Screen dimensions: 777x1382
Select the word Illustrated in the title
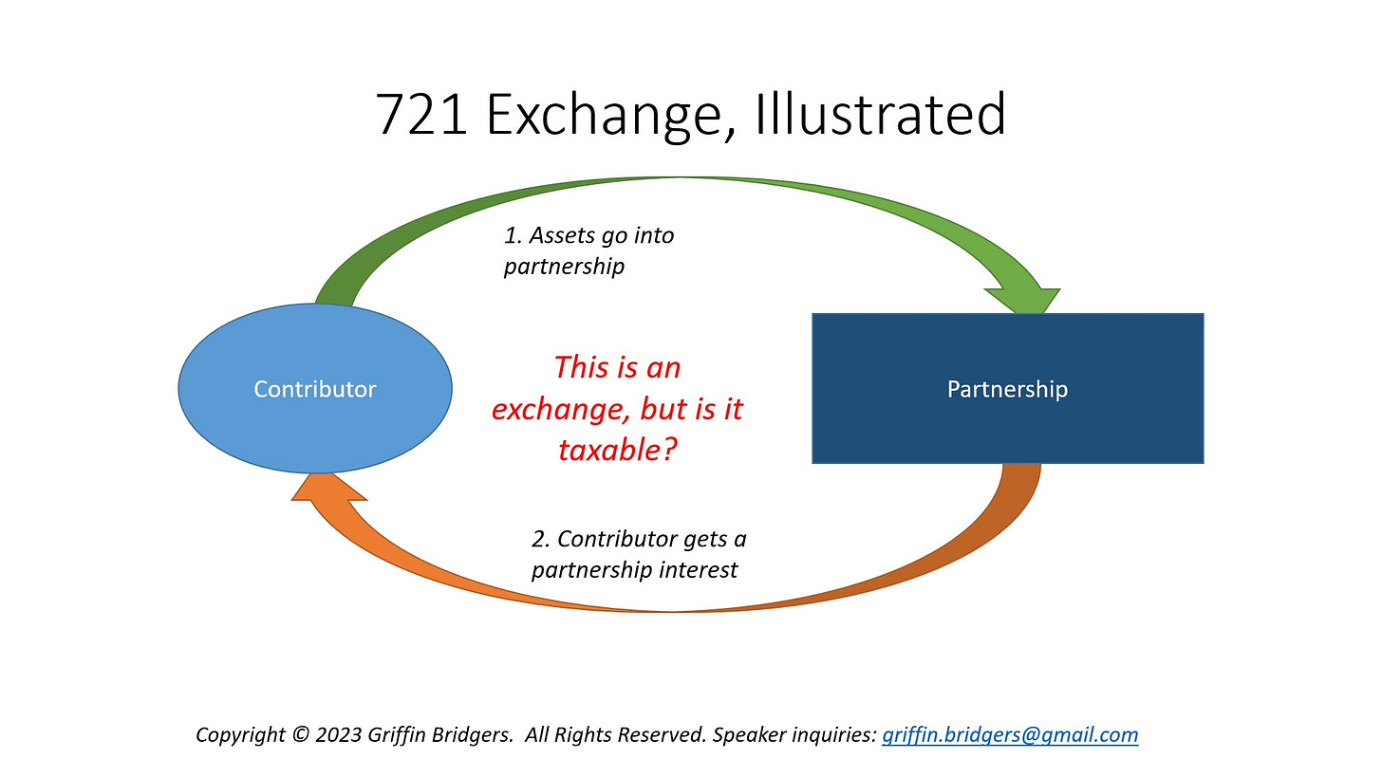coord(881,115)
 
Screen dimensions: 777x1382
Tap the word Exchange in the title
coord(607,115)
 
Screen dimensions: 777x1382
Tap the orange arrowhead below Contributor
coord(328,488)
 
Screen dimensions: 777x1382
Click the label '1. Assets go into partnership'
coord(588,250)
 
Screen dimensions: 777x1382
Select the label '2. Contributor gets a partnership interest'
coord(638,554)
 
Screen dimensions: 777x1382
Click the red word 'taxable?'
coord(617,449)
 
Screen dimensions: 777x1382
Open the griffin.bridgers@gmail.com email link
coord(1010,734)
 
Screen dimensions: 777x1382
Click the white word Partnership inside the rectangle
coord(1007,389)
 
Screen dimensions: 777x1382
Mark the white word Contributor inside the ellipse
coord(315,389)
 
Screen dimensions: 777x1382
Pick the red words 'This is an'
coord(617,367)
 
